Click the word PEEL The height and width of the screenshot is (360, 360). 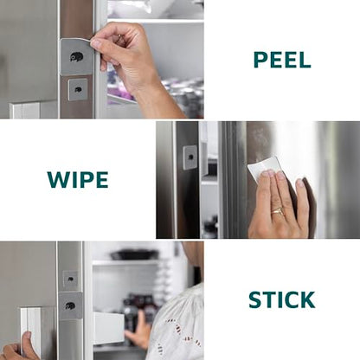(282, 60)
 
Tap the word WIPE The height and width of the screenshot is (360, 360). (78, 180)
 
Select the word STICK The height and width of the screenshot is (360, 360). (281, 300)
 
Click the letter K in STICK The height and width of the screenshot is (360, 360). (307, 300)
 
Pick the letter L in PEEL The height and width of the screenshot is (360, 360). (305, 60)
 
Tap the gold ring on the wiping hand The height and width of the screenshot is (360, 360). (277, 211)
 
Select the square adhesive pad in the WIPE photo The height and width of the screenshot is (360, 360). (190, 157)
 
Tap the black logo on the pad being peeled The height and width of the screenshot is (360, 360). (76, 56)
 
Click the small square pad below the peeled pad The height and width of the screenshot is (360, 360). (78, 89)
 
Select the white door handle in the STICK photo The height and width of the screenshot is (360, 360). (30, 331)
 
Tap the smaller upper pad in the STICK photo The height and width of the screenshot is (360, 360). (70, 280)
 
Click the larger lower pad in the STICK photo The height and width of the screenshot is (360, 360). (70, 306)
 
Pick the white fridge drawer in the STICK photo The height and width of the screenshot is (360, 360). (109, 328)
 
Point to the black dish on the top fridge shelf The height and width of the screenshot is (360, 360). (135, 254)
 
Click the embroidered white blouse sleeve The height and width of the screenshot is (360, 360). (177, 326)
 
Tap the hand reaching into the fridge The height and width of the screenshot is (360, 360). (137, 331)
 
